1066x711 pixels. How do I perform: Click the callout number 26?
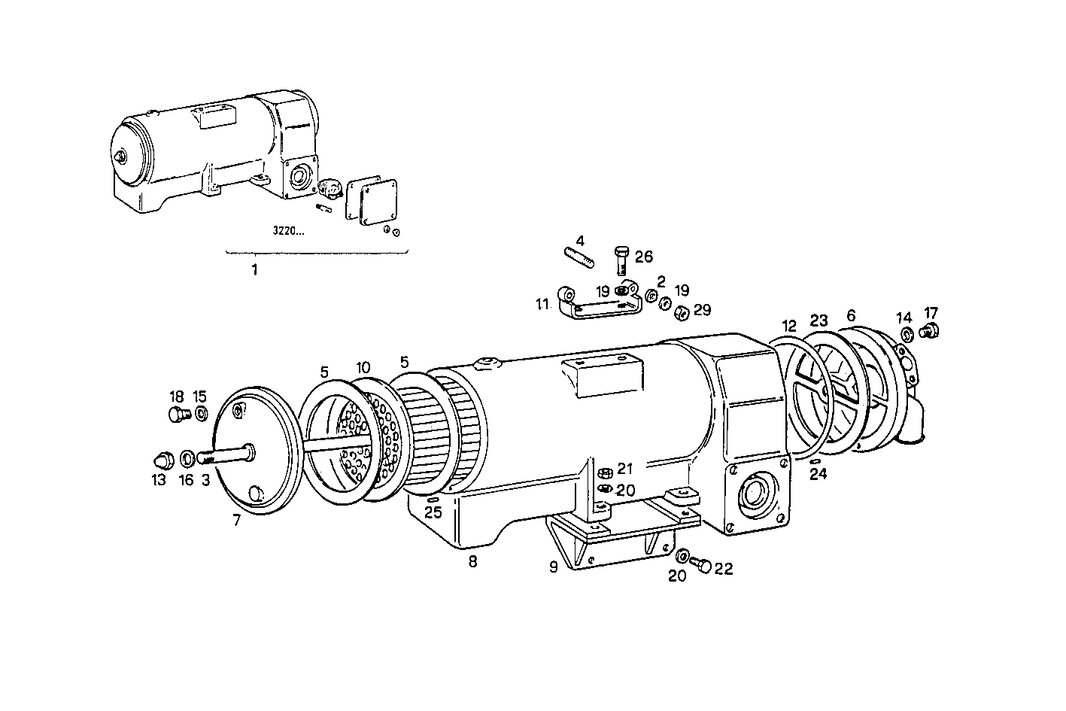tap(643, 257)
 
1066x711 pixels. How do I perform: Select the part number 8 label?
tap(472, 561)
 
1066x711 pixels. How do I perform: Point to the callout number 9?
tap(554, 567)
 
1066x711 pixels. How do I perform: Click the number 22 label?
tap(723, 570)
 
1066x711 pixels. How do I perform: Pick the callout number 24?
tap(818, 474)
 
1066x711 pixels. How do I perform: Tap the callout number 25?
tap(433, 513)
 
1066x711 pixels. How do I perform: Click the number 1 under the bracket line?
tap(254, 269)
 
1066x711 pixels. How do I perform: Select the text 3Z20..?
tap(289, 231)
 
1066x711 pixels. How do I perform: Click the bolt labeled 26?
tap(621, 261)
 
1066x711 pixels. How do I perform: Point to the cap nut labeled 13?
tap(164, 457)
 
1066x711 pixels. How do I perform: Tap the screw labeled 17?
tap(931, 329)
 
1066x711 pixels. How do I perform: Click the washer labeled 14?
tap(907, 333)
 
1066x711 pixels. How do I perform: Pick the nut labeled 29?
tap(679, 312)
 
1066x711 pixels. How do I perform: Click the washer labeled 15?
tap(201, 413)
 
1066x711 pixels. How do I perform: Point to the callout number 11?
tap(542, 305)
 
